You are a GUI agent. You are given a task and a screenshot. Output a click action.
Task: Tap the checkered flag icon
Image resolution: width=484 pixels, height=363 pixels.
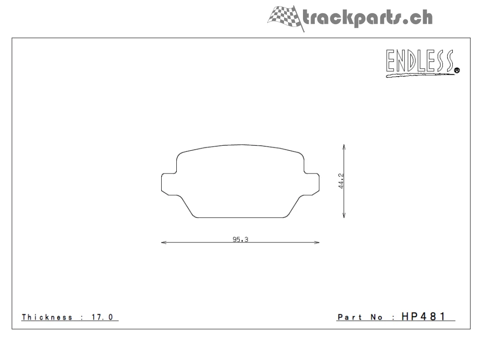point(285,17)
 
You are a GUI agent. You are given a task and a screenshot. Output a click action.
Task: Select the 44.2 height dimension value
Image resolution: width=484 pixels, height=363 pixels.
point(340,181)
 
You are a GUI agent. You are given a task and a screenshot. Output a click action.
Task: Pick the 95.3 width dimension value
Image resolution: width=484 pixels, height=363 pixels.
point(240,239)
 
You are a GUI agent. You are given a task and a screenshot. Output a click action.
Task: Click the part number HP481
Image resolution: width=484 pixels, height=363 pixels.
point(423,316)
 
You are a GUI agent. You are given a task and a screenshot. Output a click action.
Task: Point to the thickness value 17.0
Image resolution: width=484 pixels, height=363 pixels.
point(102,317)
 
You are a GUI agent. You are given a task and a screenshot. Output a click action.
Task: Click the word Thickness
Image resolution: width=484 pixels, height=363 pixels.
point(47,317)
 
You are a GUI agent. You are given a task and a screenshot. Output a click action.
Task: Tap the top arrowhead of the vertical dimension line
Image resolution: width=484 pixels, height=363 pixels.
point(344,147)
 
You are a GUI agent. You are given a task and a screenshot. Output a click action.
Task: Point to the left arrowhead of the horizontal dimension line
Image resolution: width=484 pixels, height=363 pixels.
point(164,243)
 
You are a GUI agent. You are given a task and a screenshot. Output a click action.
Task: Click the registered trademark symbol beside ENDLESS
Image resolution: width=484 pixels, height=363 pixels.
point(457,71)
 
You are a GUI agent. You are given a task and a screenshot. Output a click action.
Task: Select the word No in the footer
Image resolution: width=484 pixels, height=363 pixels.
point(377,317)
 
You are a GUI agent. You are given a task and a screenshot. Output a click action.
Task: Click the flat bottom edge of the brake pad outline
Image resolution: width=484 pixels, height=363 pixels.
point(241,218)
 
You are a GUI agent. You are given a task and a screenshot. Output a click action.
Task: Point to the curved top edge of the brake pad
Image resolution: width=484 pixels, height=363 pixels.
point(241,145)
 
